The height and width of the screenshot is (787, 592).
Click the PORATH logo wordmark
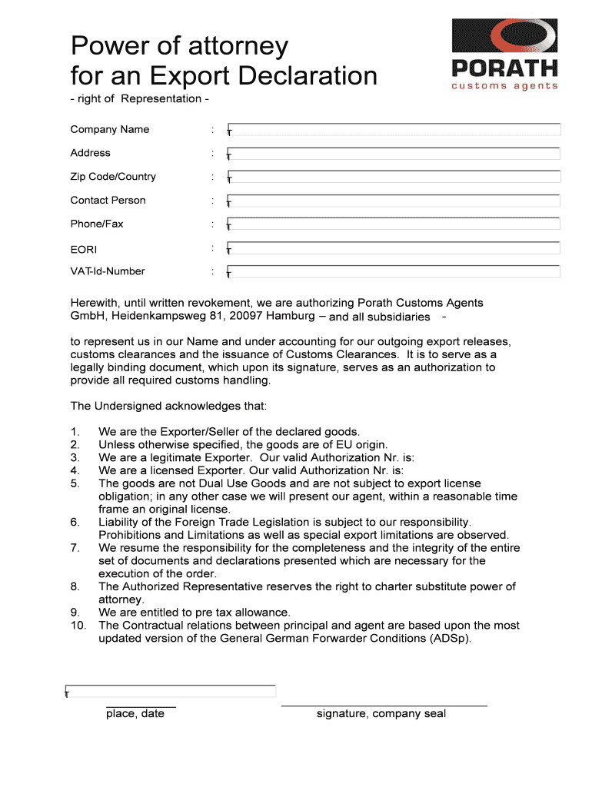coord(504,68)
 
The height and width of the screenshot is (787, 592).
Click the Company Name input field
coord(394,129)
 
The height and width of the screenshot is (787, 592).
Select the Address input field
coord(394,153)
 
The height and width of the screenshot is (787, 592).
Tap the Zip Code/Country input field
coord(394,177)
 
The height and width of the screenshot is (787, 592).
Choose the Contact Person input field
coord(394,201)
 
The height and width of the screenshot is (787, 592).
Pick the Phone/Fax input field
coord(394,224)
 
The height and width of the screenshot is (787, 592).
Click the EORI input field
coord(394,248)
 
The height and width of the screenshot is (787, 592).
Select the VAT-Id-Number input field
coord(394,271)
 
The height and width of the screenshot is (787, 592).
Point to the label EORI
coord(84,249)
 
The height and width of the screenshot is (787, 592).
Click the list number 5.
coord(75,483)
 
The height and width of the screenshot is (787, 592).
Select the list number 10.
coord(78,626)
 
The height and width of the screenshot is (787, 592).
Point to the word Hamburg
coord(290,316)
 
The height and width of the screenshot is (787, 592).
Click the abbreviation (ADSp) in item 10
coord(448,639)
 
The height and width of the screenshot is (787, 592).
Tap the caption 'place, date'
coord(135,714)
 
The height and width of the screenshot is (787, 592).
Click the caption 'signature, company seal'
coord(381,714)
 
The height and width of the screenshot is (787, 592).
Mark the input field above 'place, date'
coord(171,691)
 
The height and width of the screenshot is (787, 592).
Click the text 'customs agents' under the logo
coord(504,86)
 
